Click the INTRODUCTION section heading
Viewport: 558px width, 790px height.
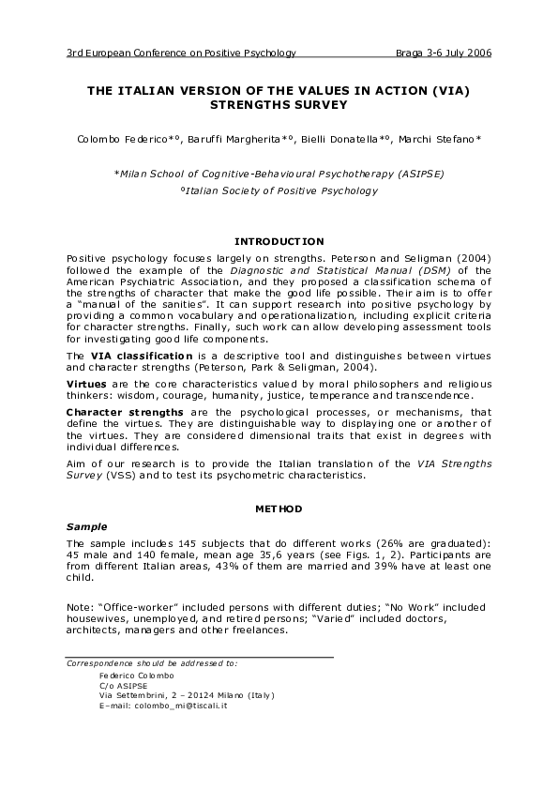click(279, 241)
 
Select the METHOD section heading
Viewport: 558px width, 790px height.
click(279, 509)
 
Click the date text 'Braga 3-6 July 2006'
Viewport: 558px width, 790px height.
click(443, 53)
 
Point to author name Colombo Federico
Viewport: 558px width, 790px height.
click(115, 139)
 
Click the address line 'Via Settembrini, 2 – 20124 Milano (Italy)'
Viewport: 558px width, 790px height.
click(186, 695)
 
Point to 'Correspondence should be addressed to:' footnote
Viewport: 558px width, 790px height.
click(151, 663)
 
